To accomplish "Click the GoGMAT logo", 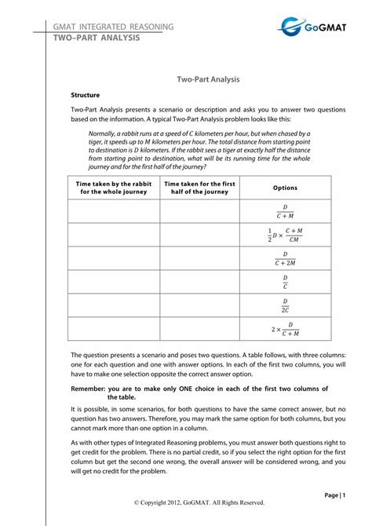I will (x=315, y=28).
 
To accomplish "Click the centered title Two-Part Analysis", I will (x=208, y=79).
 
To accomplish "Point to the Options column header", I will (x=285, y=188).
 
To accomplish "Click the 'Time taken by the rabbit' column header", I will (x=113, y=188).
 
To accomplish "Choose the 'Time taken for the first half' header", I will (x=199, y=188).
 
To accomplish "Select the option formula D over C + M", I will (x=285, y=210).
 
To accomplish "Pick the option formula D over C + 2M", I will (x=285, y=258).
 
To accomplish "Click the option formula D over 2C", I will (x=285, y=305).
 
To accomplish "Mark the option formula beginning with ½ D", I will (x=284, y=235).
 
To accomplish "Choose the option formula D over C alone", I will (x=285, y=282).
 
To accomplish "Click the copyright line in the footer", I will (x=199, y=502).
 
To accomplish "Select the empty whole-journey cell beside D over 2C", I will (x=113, y=305).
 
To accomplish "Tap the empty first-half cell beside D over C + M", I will (x=199, y=210).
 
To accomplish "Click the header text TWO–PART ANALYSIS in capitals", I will (x=97, y=38).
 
